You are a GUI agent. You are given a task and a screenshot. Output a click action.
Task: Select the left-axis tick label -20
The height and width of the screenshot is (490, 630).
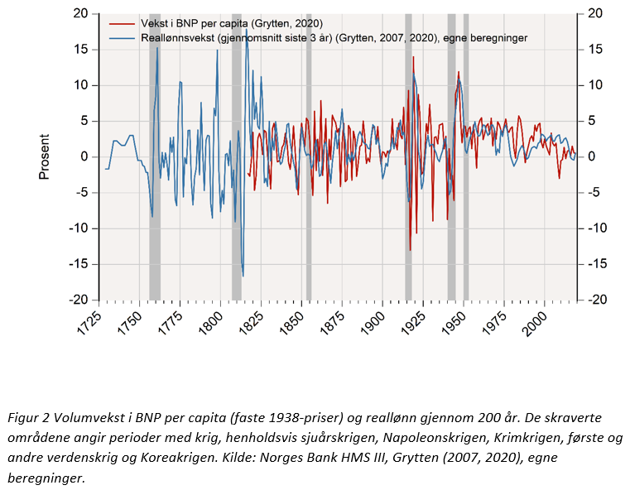click(79, 300)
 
